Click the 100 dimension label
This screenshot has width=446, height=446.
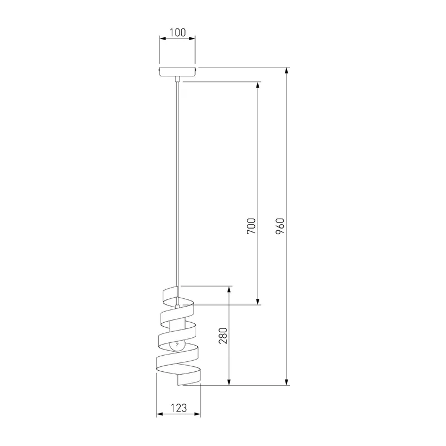click(177, 32)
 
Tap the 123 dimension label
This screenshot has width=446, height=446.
click(178, 408)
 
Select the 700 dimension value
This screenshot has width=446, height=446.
click(251, 226)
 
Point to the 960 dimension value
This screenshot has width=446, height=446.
click(280, 226)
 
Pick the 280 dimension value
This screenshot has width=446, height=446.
click(223, 336)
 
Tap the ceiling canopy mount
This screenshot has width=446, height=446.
click(177, 71)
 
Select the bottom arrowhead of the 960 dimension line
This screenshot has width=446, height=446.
click(287, 382)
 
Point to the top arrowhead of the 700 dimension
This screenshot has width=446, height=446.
click(258, 85)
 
